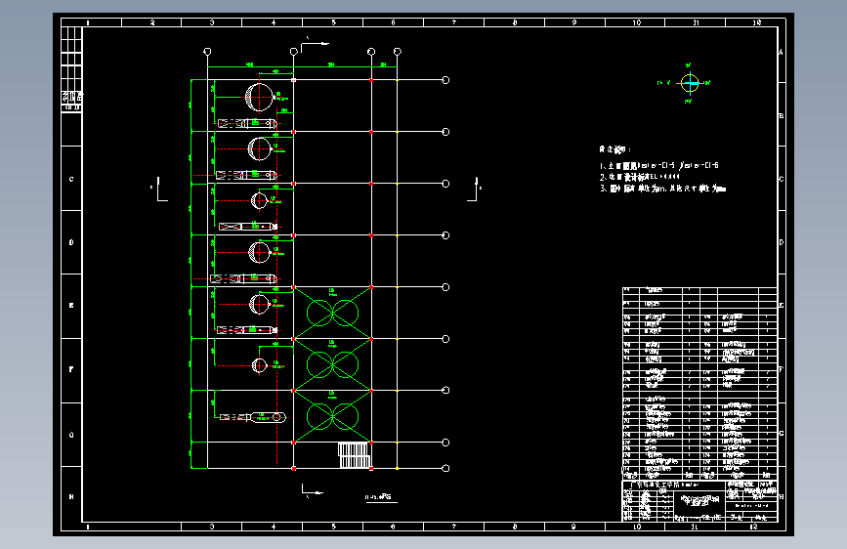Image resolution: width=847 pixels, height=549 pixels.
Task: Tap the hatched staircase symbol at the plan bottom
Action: coord(355,455)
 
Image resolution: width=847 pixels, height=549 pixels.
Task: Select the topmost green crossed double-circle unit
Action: coord(332,312)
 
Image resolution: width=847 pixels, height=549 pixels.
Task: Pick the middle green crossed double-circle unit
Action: coord(332,363)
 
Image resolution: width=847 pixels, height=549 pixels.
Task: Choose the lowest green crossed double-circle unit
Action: coord(332,416)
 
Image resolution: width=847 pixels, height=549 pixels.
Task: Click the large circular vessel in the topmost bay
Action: coord(259,97)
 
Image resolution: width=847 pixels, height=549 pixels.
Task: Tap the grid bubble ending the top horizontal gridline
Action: coord(445,80)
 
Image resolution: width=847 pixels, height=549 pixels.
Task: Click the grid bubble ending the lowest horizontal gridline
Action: coord(445,468)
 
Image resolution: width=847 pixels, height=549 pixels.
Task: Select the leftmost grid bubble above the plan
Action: coord(207,51)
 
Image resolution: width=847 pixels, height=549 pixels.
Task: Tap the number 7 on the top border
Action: coord(453,21)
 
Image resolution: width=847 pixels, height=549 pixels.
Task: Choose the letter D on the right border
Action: coord(781,243)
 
